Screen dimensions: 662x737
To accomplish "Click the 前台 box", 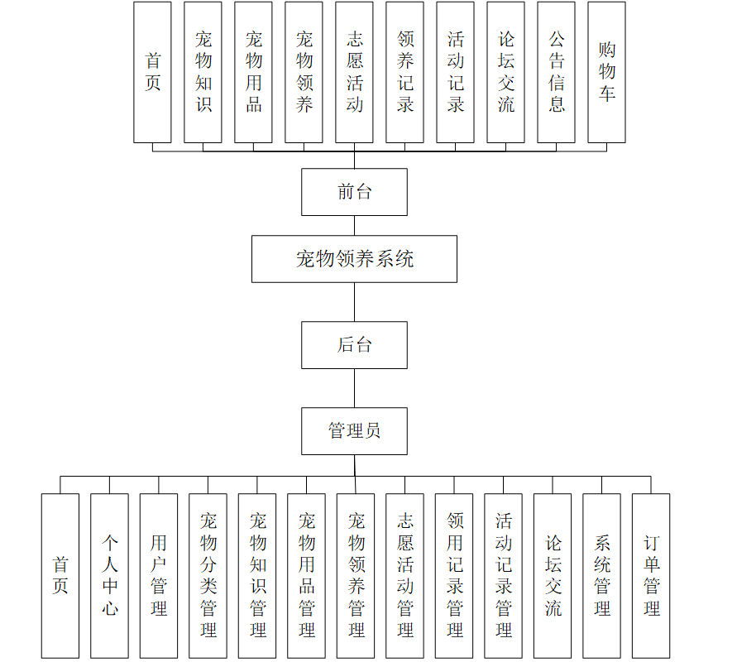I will (354, 192).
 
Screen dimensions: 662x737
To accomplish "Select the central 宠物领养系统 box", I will (354, 259).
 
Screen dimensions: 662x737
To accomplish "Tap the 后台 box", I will (354, 345).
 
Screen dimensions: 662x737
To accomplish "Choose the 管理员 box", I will (354, 431).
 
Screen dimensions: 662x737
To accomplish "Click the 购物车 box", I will (606, 72).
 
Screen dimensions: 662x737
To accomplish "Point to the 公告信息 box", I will (556, 72).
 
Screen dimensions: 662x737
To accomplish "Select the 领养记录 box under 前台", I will (404, 72).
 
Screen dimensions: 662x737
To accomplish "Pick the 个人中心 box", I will (109, 576).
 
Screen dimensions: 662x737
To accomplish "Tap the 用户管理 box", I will (158, 576).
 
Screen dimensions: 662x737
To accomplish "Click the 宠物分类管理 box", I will (208, 576).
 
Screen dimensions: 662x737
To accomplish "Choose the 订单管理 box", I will (651, 576).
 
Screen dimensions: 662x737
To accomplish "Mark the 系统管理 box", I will (601, 576).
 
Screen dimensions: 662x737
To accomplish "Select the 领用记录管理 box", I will (454, 576).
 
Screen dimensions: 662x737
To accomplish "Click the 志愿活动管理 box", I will (404, 576).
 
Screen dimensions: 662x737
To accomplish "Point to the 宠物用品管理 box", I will (306, 576).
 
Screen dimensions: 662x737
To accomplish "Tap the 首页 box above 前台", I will (152, 72).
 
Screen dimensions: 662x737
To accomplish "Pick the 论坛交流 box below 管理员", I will (553, 576).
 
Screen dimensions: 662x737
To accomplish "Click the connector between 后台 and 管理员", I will (354, 388).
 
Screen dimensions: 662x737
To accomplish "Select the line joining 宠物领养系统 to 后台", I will (354, 302).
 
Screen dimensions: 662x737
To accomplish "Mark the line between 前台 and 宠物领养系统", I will (354, 225).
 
